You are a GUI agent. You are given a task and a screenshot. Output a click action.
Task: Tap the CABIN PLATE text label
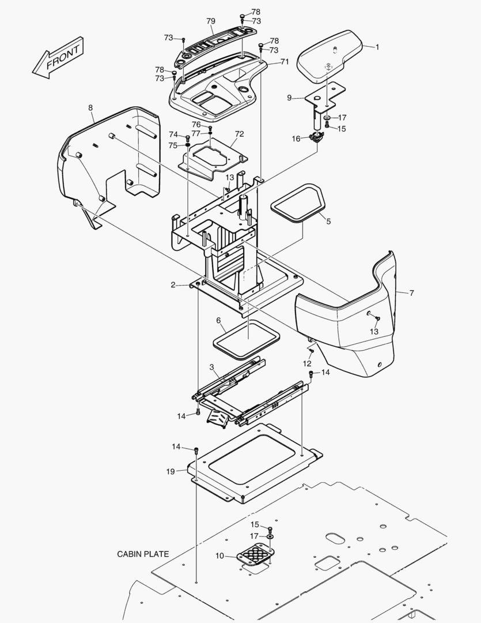[x=143, y=554]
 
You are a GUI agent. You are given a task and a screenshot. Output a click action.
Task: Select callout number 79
[x=211, y=21]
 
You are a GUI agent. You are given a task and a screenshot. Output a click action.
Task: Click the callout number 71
[x=285, y=62]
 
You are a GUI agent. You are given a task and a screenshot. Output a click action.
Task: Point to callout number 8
[x=91, y=108]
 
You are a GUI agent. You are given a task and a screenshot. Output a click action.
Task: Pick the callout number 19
[x=171, y=471]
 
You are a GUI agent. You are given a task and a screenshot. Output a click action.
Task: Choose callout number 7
[x=411, y=293]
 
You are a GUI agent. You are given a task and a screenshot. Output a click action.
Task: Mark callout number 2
[x=173, y=285]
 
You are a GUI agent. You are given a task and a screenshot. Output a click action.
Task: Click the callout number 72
[x=240, y=134]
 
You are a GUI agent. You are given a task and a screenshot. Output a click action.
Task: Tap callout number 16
[x=297, y=138]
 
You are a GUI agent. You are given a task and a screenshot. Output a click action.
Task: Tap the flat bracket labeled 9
[x=326, y=96]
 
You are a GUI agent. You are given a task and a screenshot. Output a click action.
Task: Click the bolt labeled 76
[x=210, y=128]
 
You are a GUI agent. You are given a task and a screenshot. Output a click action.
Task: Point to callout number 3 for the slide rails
[x=212, y=367]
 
